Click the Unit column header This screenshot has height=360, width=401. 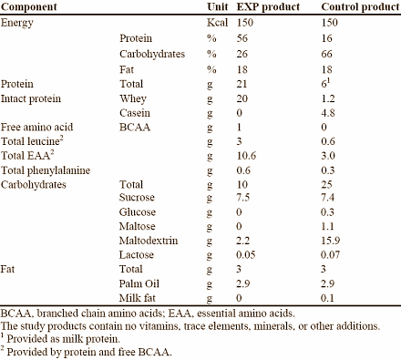216,6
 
